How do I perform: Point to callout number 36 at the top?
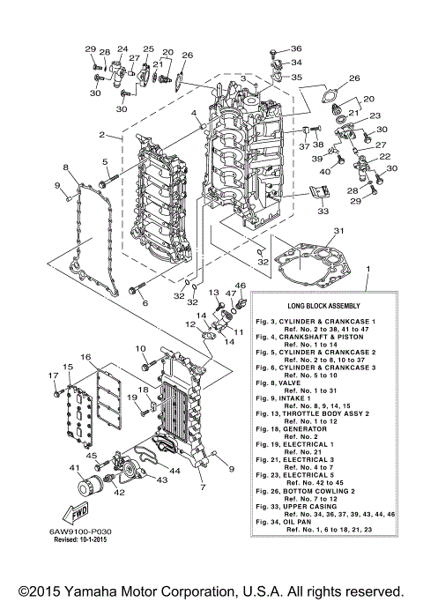point(296,48)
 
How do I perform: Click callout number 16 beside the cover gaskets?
point(85,357)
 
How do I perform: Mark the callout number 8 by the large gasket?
point(65,167)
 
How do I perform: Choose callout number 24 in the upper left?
point(122,49)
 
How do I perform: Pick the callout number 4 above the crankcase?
point(193,114)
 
